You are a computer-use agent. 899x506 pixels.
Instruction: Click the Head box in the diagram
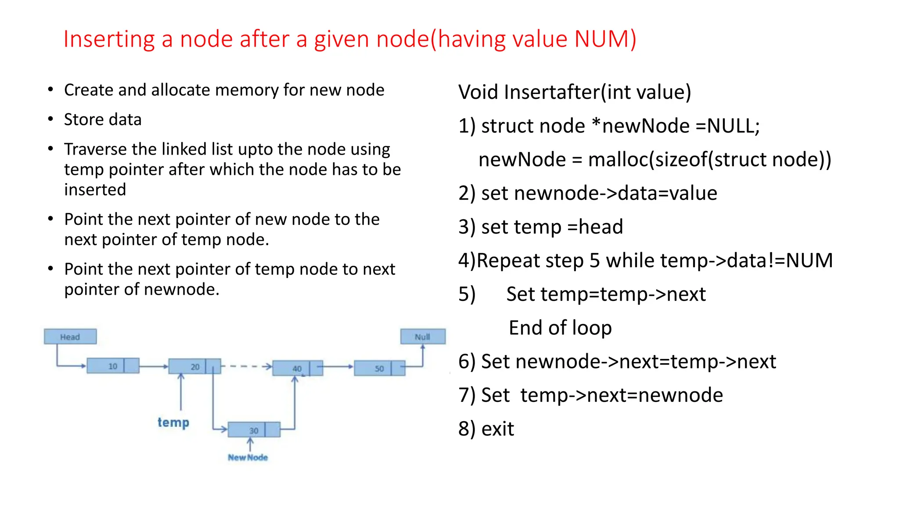pos(70,337)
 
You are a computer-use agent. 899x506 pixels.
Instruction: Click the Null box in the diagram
pos(423,337)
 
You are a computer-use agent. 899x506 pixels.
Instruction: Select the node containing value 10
pos(113,366)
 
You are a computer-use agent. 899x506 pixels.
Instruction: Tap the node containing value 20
pos(194,366)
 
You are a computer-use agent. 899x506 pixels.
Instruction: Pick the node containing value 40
pos(297,368)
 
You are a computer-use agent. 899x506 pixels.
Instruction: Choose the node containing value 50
pos(379,368)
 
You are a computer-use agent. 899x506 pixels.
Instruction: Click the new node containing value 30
pos(254,430)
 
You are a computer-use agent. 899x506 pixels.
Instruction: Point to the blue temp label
pos(173,422)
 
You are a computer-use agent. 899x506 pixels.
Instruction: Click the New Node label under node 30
pos(248,457)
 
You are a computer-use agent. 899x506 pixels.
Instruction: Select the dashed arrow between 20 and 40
pos(246,366)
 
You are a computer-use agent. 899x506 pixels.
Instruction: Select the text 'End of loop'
pos(560,328)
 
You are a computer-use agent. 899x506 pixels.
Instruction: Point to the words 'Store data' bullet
pos(103,119)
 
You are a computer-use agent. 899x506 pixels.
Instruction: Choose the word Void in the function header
pos(478,92)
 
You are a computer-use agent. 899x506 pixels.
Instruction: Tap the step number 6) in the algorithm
pos(467,361)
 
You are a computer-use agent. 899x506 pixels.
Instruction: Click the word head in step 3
pos(601,227)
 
